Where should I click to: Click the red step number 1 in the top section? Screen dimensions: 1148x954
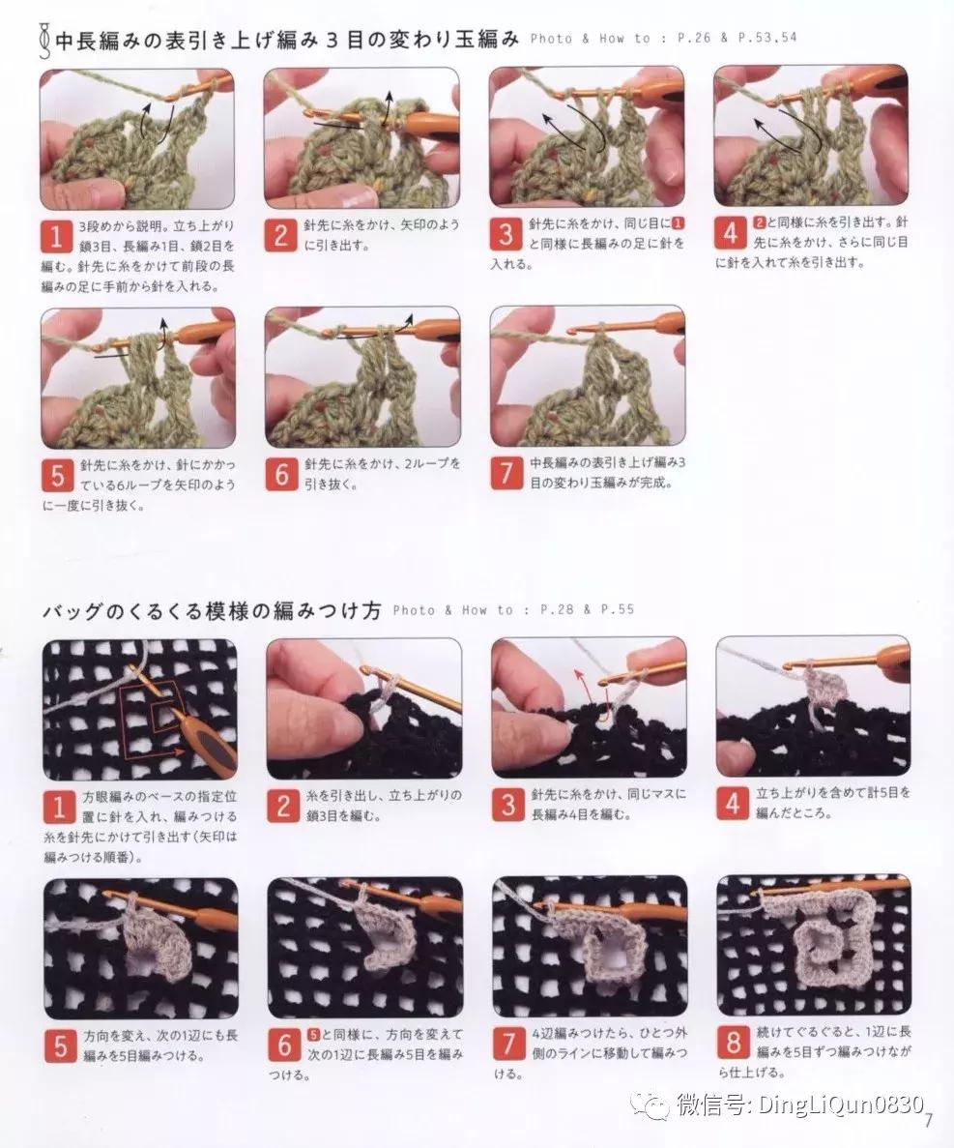click(x=57, y=236)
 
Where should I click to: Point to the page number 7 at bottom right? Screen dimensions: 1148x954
click(x=927, y=1121)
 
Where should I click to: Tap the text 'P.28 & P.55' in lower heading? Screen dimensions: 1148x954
click(x=587, y=610)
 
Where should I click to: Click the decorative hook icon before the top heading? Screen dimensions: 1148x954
click(x=43, y=40)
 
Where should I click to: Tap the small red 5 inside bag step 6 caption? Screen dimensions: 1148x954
click(x=313, y=1034)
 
